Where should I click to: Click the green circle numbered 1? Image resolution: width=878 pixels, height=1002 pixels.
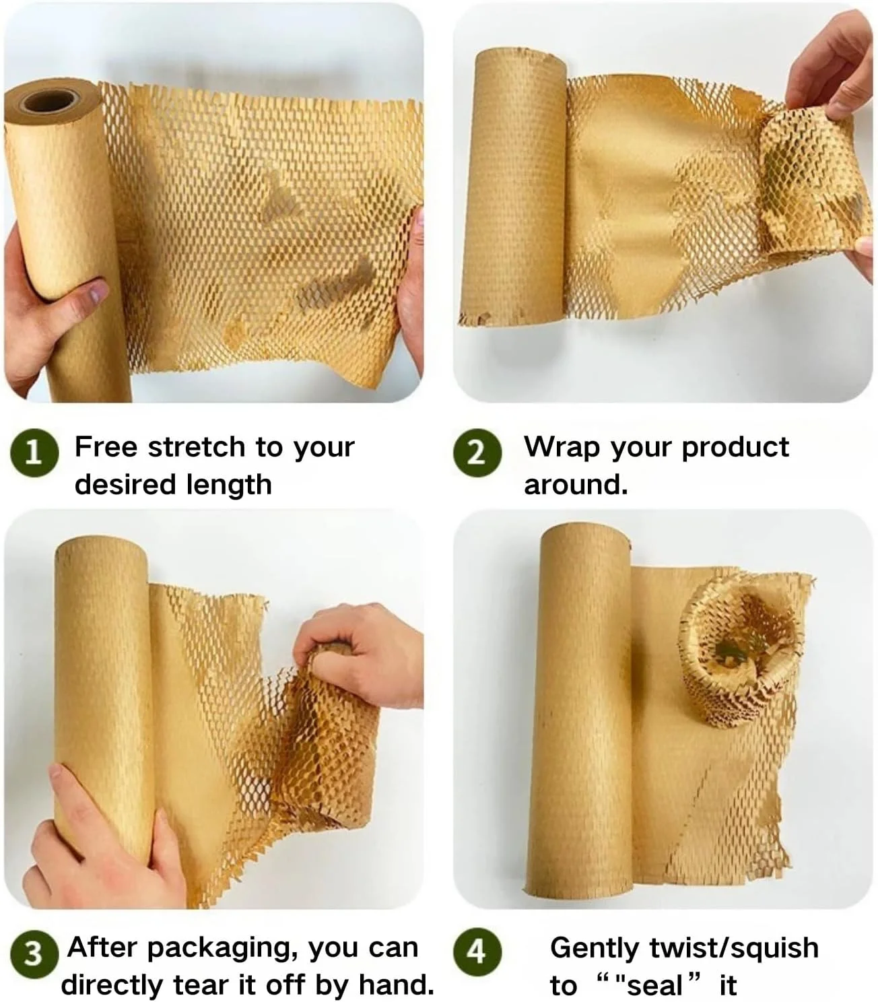point(34,453)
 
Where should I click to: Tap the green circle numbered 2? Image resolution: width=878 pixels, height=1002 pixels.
point(477,453)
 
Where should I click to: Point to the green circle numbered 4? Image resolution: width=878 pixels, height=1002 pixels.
point(477,951)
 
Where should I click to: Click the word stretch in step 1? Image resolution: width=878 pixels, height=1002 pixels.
point(197,447)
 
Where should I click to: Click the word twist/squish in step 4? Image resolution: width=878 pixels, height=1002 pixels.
point(734,949)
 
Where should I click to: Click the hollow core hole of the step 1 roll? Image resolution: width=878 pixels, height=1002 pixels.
point(49,100)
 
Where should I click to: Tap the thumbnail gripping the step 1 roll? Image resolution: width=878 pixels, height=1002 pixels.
point(100,291)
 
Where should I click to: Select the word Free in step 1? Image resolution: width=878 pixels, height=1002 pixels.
point(106,447)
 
